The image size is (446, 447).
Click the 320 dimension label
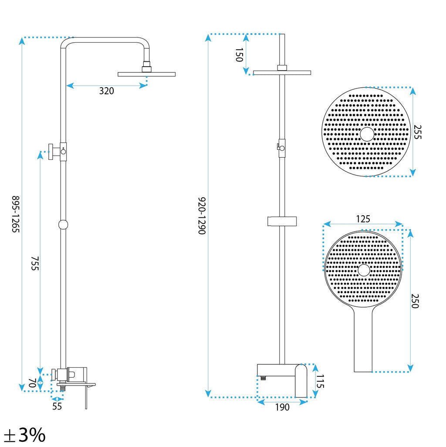tap(106, 91)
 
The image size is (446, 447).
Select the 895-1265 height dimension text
tap(15, 214)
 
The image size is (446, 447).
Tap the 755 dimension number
tap(35, 264)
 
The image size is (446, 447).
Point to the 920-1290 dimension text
tap(202, 216)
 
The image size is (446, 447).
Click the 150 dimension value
tap(239, 55)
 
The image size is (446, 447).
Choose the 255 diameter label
tap(417, 132)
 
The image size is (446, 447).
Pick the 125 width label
tap(363, 219)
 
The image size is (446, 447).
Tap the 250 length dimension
tap(415, 301)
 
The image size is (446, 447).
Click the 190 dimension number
tap(282, 407)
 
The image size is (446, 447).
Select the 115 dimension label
tap(320, 382)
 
